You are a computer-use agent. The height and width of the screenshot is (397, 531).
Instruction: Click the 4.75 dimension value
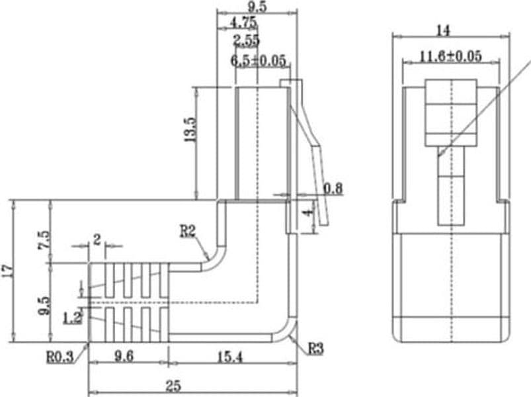(x=243, y=23)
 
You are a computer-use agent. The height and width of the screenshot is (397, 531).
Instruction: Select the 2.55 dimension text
(x=246, y=40)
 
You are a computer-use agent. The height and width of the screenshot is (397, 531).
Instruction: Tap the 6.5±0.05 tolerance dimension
(x=259, y=61)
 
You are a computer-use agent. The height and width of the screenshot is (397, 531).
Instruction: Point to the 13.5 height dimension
(x=190, y=130)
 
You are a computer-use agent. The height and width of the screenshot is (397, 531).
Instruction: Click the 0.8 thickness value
(x=333, y=189)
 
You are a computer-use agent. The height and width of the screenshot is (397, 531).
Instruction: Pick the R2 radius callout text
(x=187, y=232)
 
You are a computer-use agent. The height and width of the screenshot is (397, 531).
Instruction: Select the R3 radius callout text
(x=315, y=349)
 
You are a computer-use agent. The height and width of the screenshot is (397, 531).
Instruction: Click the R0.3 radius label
(x=60, y=357)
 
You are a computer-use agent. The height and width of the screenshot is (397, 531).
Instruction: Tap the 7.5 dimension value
(x=44, y=240)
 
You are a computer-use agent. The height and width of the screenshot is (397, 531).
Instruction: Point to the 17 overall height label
(x=7, y=271)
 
